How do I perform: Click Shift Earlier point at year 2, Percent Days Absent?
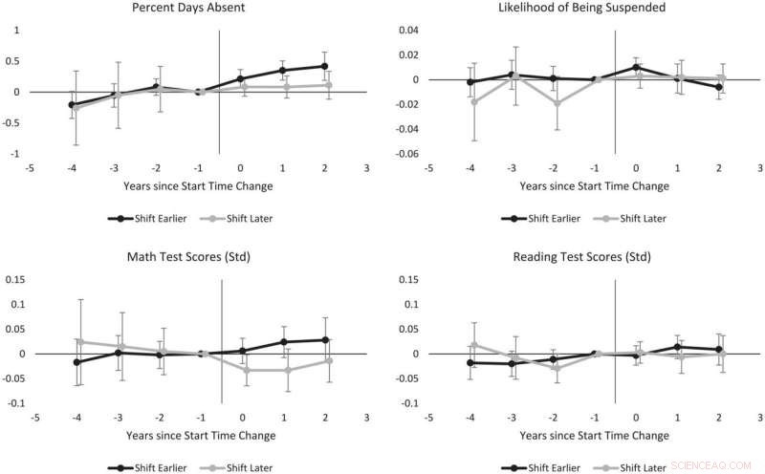click(x=325, y=66)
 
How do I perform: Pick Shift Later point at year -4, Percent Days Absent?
click(x=75, y=108)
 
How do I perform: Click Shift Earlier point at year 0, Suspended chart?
click(x=637, y=67)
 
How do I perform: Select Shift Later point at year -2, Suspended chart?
click(x=554, y=103)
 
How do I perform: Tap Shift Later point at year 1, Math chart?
click(x=284, y=370)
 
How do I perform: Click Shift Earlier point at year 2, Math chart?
click(x=325, y=340)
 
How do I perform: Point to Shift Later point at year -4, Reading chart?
click(x=472, y=345)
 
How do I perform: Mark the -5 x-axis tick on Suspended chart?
click(x=428, y=166)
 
